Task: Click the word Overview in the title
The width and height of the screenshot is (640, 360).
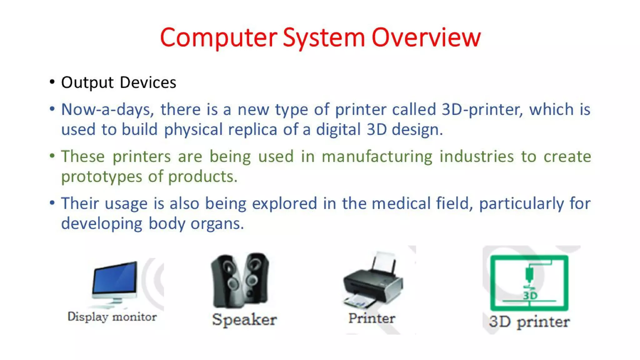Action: click(426, 37)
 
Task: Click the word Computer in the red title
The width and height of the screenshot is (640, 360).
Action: click(218, 37)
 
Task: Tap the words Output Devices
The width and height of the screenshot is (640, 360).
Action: click(118, 82)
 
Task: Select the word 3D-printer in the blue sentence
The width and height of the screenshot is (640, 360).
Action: click(482, 110)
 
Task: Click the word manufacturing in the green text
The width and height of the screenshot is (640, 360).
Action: click(377, 157)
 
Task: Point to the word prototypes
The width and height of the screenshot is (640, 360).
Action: click(101, 177)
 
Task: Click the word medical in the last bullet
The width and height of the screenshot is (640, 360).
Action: click(401, 204)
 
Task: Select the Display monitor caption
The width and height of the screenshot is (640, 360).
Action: click(112, 317)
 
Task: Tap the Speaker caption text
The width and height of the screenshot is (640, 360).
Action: click(244, 320)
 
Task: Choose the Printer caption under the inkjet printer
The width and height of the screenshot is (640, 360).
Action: click(372, 318)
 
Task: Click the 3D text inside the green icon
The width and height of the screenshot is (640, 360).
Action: click(530, 295)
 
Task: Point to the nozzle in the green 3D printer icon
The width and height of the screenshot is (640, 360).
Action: click(529, 275)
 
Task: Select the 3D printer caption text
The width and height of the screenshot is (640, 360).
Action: click(529, 322)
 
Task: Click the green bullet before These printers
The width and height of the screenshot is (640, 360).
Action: click(52, 156)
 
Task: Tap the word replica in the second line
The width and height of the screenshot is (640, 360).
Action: click(252, 130)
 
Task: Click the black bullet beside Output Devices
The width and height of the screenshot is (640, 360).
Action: click(52, 82)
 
